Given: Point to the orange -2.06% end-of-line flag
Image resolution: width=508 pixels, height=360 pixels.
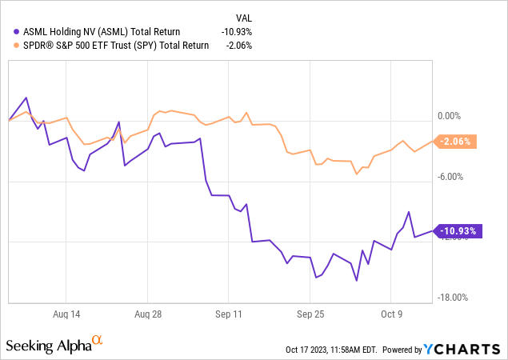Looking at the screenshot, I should (459, 142).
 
